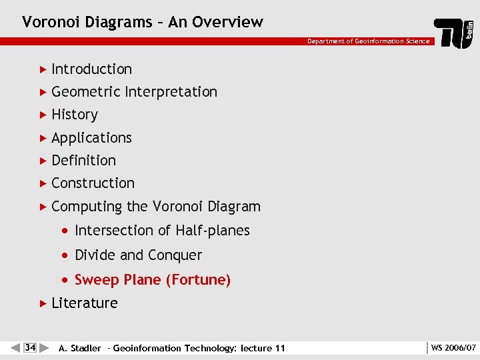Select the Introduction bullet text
click(x=91, y=69)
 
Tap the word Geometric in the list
click(x=85, y=92)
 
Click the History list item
click(x=75, y=115)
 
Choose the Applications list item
click(x=91, y=138)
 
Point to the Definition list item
click(x=83, y=161)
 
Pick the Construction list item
click(x=93, y=183)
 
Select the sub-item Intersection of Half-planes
click(x=162, y=231)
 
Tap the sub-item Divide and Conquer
click(x=138, y=255)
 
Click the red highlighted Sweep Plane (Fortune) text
click(x=153, y=280)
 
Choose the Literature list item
click(x=84, y=303)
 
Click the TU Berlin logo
click(x=455, y=32)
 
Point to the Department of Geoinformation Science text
click(x=368, y=41)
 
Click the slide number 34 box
click(x=29, y=347)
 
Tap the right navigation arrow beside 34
click(x=44, y=347)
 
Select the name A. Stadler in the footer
click(x=80, y=348)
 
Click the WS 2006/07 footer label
click(x=453, y=348)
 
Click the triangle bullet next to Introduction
click(x=43, y=69)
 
